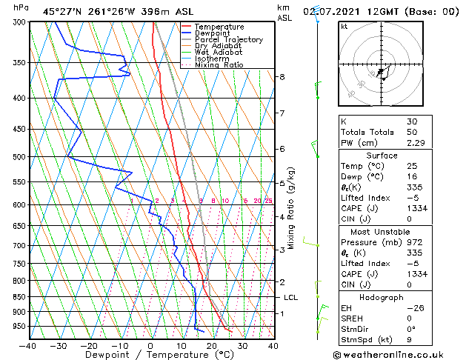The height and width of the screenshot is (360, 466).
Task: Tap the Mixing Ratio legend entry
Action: [x=219, y=65]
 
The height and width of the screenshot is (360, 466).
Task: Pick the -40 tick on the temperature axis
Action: [x=27, y=345]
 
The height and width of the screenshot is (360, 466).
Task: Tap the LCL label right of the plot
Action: [x=291, y=297]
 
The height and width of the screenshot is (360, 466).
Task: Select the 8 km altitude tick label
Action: [x=282, y=77]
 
